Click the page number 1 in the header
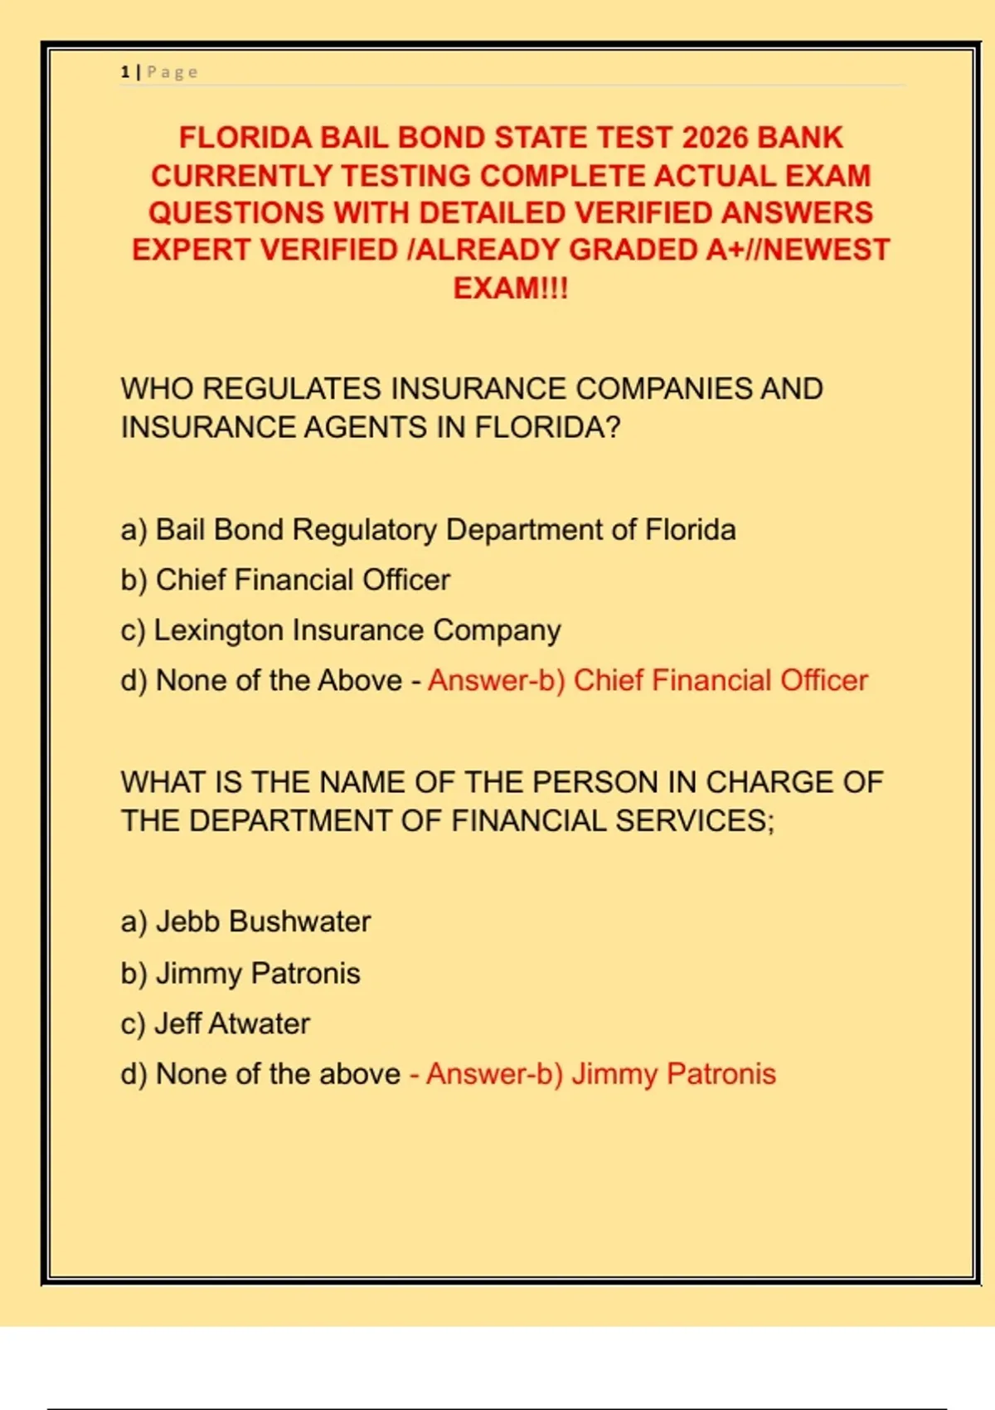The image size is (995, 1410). pos(124,72)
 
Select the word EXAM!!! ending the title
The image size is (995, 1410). pos(511,288)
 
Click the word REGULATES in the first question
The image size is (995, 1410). pos(292,389)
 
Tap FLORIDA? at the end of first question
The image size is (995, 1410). pos(547,427)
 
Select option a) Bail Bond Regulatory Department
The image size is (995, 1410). pos(428,530)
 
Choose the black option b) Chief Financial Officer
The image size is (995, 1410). pos(285,580)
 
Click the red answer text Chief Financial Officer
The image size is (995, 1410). pos(720,680)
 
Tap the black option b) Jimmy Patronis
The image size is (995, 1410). pos(240,973)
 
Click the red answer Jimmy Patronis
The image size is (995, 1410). pos(673,1074)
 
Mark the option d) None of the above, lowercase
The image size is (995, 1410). pos(260,1074)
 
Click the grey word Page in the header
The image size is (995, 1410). pos(172,72)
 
